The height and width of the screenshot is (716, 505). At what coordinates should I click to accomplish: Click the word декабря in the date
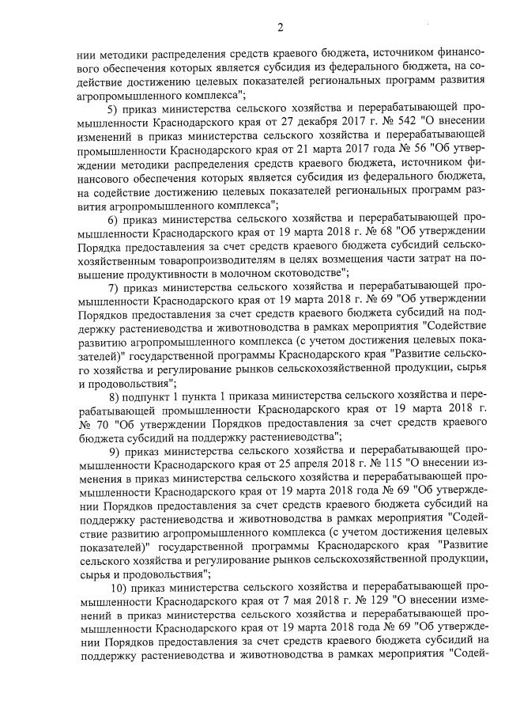click(296, 120)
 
